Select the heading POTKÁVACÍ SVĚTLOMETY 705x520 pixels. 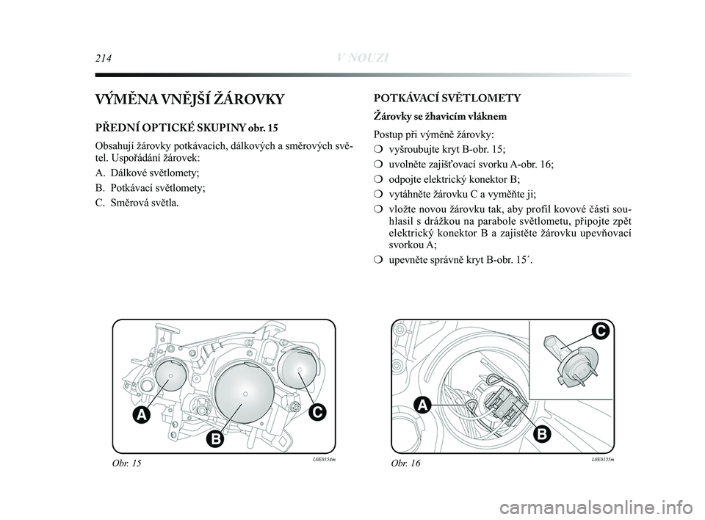tap(447, 98)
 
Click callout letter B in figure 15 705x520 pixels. tap(214, 438)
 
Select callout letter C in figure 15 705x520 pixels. tap(316, 412)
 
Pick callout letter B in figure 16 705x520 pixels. tap(540, 434)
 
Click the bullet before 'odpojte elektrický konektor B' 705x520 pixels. tap(378, 179)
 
